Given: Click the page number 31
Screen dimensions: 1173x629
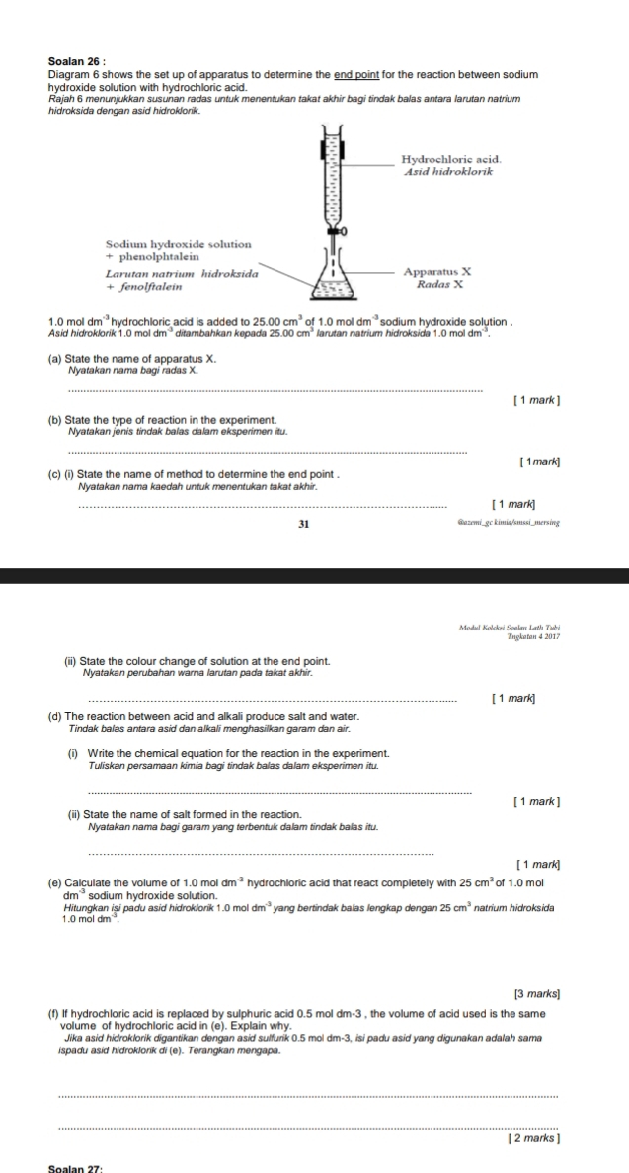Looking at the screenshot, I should (305, 523).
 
